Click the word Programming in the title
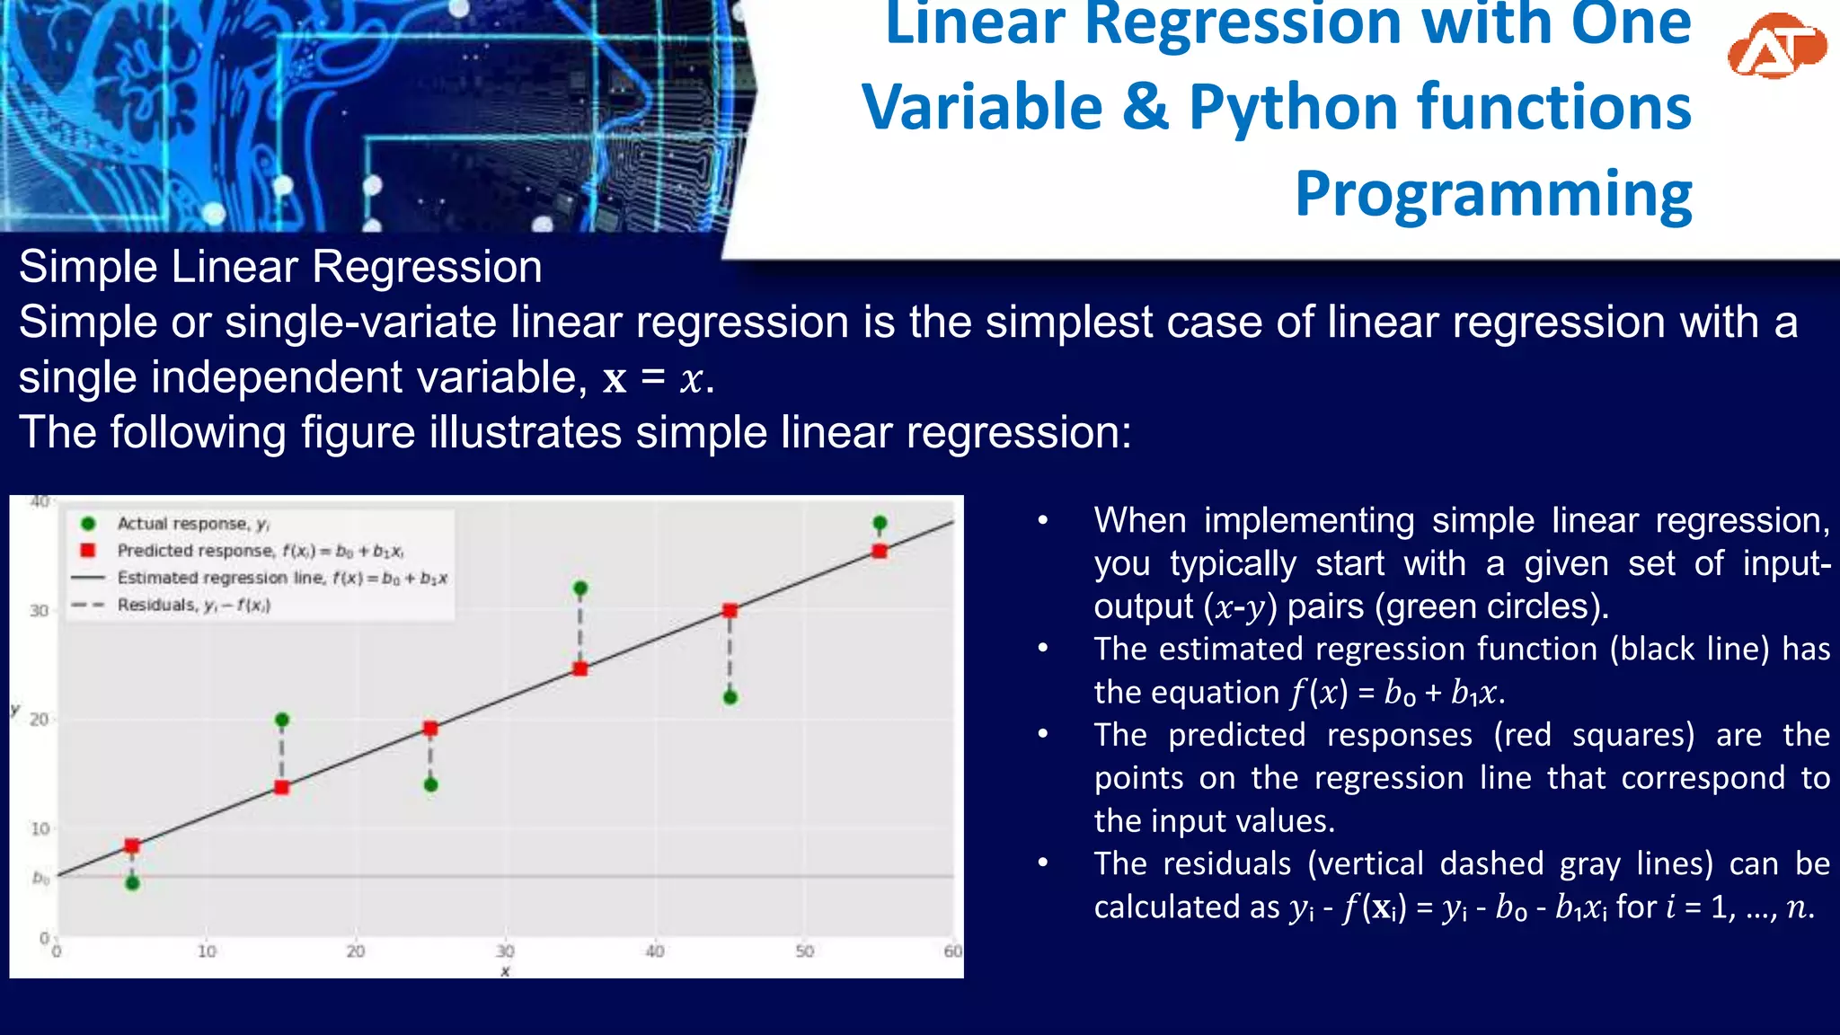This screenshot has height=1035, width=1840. pos(1493,193)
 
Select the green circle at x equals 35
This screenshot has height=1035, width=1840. pos(580,588)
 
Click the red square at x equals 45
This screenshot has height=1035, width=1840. pos(730,611)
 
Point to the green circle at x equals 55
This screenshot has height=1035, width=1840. pos(880,523)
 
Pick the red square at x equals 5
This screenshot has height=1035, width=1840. pos(132,845)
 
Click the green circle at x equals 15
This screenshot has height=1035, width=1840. pos(282,720)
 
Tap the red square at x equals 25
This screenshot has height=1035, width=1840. pos(430,729)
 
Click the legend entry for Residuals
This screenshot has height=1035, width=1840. pos(193,606)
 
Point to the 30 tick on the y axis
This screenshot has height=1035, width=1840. pos(39,611)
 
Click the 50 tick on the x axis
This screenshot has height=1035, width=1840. pos(804,951)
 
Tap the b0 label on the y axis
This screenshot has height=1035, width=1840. pos(40,877)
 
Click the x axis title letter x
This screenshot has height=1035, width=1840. pos(506,971)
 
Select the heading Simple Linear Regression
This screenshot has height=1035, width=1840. pos(280,267)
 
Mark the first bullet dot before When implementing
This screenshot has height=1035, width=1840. pos(1043,521)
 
